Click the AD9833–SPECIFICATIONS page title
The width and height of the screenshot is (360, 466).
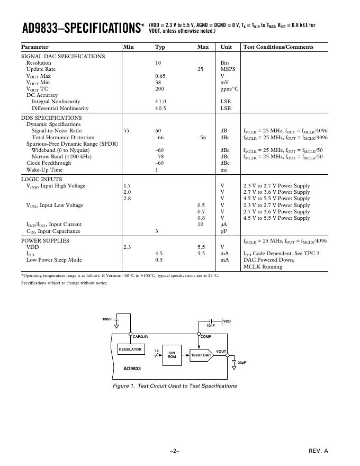(x=79, y=28)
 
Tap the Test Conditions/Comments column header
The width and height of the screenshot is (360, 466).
(x=278, y=47)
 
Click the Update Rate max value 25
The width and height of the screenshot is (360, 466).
(x=200, y=69)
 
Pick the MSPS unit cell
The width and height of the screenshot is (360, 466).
(x=228, y=69)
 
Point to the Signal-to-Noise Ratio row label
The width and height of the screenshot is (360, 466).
(x=56, y=131)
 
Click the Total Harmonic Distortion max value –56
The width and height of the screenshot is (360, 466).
(x=201, y=137)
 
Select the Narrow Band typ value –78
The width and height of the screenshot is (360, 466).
(x=159, y=157)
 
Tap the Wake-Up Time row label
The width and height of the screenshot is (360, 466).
(x=44, y=170)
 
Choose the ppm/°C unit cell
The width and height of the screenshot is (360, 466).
(x=229, y=89)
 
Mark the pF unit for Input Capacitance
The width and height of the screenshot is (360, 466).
(x=223, y=231)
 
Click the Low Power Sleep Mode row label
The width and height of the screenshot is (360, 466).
(x=54, y=260)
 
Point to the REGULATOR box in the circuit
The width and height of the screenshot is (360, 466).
(x=130, y=349)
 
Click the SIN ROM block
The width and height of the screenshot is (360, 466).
(x=172, y=355)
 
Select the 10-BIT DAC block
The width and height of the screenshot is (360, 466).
(x=201, y=355)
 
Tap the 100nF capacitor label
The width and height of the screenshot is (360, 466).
(x=107, y=319)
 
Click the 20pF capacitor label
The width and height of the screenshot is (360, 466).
(x=242, y=363)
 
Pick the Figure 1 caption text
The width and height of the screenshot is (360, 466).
(x=175, y=386)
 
